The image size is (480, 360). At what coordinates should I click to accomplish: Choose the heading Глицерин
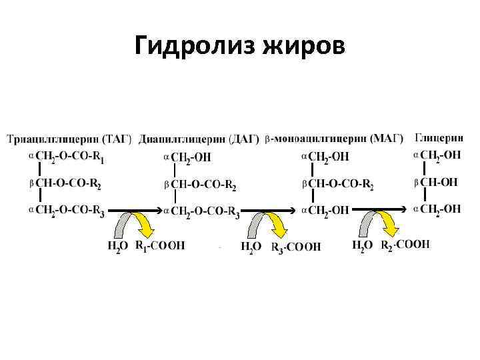[439, 138]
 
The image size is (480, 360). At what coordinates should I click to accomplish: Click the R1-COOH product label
[160, 245]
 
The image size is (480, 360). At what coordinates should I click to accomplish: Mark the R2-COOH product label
[405, 245]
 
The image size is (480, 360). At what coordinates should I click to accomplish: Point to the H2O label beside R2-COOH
[363, 245]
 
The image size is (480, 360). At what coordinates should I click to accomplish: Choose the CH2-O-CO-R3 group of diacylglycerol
[205, 212]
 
